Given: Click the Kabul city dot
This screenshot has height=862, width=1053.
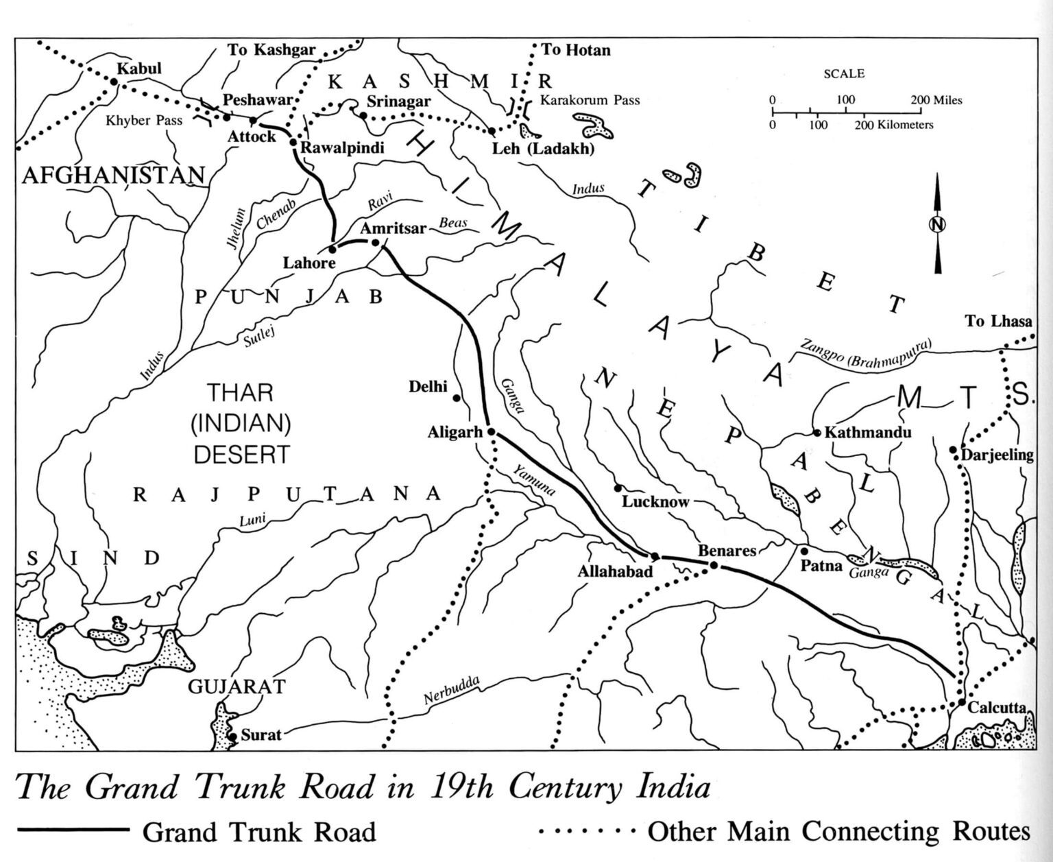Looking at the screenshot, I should [114, 82].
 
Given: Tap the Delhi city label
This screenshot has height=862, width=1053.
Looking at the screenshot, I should [428, 387].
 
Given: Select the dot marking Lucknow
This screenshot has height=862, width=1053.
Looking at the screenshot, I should [618, 488].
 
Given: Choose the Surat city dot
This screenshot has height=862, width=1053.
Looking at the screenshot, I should [233, 737].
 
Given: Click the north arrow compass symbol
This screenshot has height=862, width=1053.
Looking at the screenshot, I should [936, 224].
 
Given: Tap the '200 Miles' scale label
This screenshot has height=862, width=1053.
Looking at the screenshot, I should [936, 100].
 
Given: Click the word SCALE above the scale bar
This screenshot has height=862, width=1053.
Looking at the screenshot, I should [844, 73].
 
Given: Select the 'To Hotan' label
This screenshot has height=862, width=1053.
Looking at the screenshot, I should [575, 50].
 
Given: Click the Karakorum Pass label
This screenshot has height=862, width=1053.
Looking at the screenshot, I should [590, 100].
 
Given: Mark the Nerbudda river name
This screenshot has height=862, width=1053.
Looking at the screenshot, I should [450, 691].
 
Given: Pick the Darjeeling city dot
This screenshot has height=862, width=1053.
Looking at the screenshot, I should [953, 450].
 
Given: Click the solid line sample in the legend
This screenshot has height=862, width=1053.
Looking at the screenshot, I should [73, 830].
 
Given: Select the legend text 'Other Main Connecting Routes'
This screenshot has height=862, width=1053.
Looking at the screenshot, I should [838, 831].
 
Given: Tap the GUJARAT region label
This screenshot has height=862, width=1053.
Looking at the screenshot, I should [237, 686].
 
